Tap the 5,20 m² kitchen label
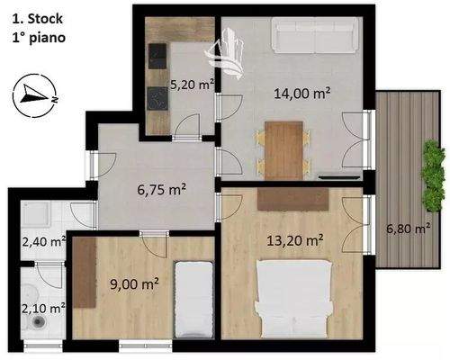192,86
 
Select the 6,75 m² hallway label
162,190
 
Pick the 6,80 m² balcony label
407,228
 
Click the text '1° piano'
38,39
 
